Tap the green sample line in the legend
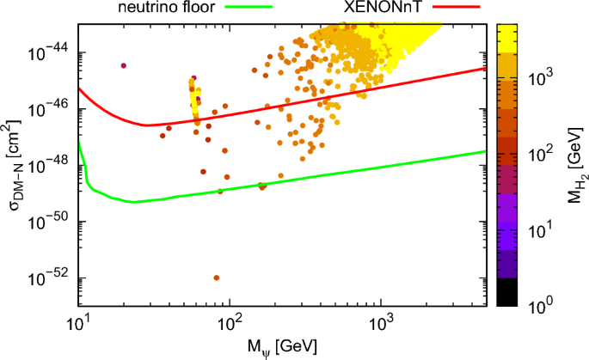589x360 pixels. pyautogui.click(x=248, y=9)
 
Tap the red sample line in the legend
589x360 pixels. pyautogui.click(x=457, y=9)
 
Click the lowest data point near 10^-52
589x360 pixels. pyautogui.click(x=217, y=278)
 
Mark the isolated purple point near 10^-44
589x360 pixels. pyautogui.click(x=124, y=65)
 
